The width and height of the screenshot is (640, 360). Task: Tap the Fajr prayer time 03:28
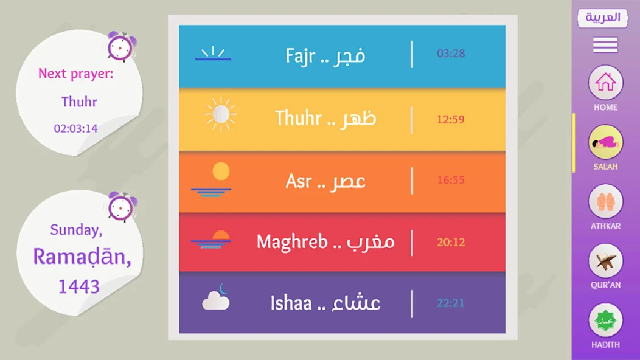(x=451, y=54)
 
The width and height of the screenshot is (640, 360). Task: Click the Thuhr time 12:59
(x=451, y=120)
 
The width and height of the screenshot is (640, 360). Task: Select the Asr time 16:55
(x=451, y=180)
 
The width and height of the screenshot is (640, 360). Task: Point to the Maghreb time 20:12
(x=451, y=243)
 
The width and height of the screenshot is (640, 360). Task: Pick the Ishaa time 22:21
(x=451, y=303)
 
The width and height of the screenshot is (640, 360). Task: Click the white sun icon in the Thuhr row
(x=221, y=114)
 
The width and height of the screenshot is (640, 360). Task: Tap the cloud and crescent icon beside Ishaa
(x=216, y=297)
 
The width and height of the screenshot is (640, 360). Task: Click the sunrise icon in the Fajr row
(x=213, y=54)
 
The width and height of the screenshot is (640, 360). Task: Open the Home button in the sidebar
(x=605, y=83)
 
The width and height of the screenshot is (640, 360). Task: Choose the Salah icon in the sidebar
(x=605, y=142)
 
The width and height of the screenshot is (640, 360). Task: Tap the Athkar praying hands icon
(x=605, y=201)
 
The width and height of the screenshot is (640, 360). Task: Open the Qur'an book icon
(x=605, y=261)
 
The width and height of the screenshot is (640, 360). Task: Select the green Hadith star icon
(x=605, y=320)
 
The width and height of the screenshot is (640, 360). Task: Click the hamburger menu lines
(x=605, y=45)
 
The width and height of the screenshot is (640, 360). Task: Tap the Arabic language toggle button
(x=603, y=18)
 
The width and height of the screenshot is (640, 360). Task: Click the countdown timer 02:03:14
(x=76, y=128)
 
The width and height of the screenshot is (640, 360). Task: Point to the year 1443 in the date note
(x=78, y=286)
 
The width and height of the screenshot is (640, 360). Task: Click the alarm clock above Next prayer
(x=121, y=47)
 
